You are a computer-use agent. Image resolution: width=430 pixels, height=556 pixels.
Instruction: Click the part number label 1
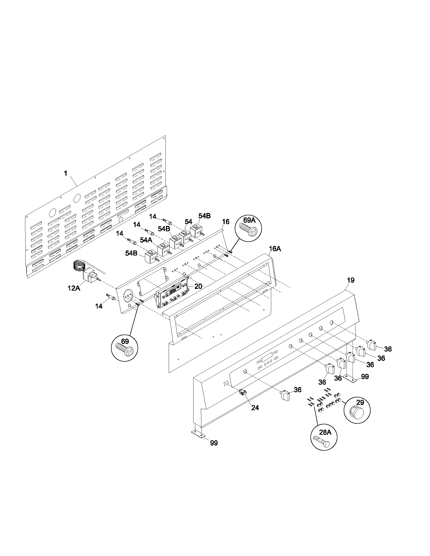66,173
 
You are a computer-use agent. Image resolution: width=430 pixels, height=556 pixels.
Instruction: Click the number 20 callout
198,286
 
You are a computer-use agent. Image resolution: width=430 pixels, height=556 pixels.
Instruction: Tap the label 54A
146,240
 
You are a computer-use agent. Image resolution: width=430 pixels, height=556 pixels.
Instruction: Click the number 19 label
351,280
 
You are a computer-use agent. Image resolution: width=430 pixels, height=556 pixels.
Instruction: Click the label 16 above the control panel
226,222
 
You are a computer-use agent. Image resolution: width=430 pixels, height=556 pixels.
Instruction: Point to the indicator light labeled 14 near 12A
110,297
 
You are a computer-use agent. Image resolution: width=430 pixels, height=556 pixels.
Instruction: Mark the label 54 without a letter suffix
188,222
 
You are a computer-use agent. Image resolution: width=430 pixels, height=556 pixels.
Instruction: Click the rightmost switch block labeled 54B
196,230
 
